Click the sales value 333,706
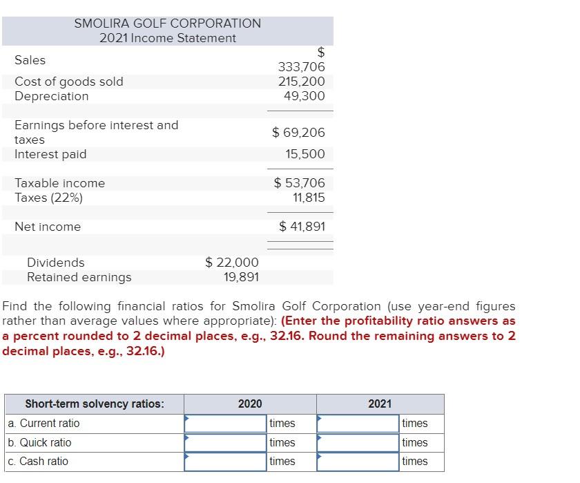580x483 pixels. pyautogui.click(x=300, y=67)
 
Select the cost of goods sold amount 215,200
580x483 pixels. pyautogui.click(x=300, y=82)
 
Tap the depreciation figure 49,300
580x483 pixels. pyautogui.click(x=304, y=96)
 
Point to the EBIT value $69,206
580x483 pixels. pyautogui.click(x=298, y=132)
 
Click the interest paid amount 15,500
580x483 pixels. pyautogui.click(x=304, y=154)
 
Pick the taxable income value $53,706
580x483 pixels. pyautogui.click(x=299, y=183)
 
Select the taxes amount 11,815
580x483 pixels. pyautogui.click(x=308, y=198)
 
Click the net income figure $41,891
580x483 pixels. pyautogui.click(x=302, y=227)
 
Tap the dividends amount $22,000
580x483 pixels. pyautogui.click(x=232, y=263)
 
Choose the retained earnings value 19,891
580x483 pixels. pyautogui.click(x=241, y=277)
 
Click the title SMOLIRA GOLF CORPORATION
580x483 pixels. pyautogui.click(x=168, y=23)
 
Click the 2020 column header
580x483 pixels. pyautogui.click(x=250, y=404)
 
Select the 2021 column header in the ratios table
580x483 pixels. pyautogui.click(x=380, y=404)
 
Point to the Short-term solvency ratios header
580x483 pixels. pyautogui.click(x=95, y=404)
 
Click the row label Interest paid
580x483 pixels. pyautogui.click(x=50, y=154)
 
